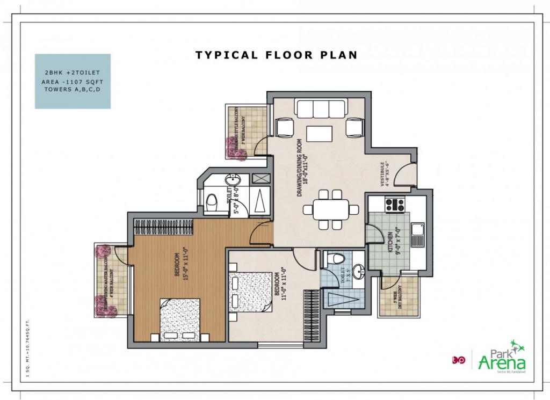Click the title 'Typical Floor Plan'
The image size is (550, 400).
point(276,55)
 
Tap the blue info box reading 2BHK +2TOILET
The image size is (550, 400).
point(73,81)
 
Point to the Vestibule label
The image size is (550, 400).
point(385,173)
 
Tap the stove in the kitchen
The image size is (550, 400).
point(395,205)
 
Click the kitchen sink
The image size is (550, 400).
point(417,235)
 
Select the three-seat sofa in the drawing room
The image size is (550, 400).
point(320,109)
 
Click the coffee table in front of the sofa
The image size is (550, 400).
point(320,133)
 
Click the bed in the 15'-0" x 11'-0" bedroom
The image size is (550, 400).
point(180,320)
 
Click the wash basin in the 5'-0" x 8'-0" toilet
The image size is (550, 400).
point(232,180)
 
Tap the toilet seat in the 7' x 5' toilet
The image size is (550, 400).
point(336,258)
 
